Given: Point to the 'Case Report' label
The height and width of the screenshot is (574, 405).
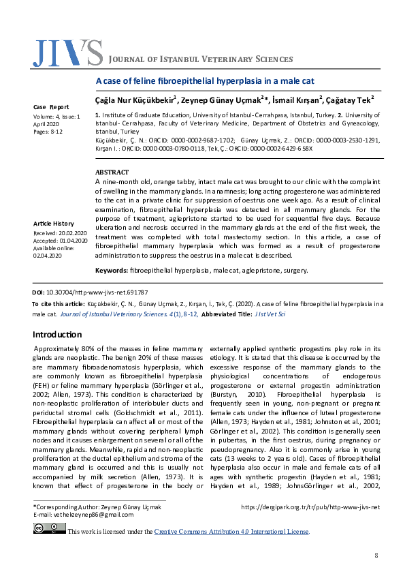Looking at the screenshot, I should click(x=51, y=107).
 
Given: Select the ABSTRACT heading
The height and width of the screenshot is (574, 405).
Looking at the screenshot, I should click(x=112, y=172).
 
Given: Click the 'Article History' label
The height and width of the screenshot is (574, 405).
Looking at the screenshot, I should click(x=54, y=224).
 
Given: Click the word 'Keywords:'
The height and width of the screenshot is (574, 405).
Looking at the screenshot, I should click(x=112, y=271).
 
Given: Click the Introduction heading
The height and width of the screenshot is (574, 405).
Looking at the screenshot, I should click(x=57, y=335).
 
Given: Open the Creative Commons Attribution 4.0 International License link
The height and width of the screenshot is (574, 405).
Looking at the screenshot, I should click(x=231, y=532).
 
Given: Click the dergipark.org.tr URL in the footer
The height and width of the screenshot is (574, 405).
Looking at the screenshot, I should click(x=310, y=507).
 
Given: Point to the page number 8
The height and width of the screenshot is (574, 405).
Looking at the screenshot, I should click(x=376, y=556).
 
